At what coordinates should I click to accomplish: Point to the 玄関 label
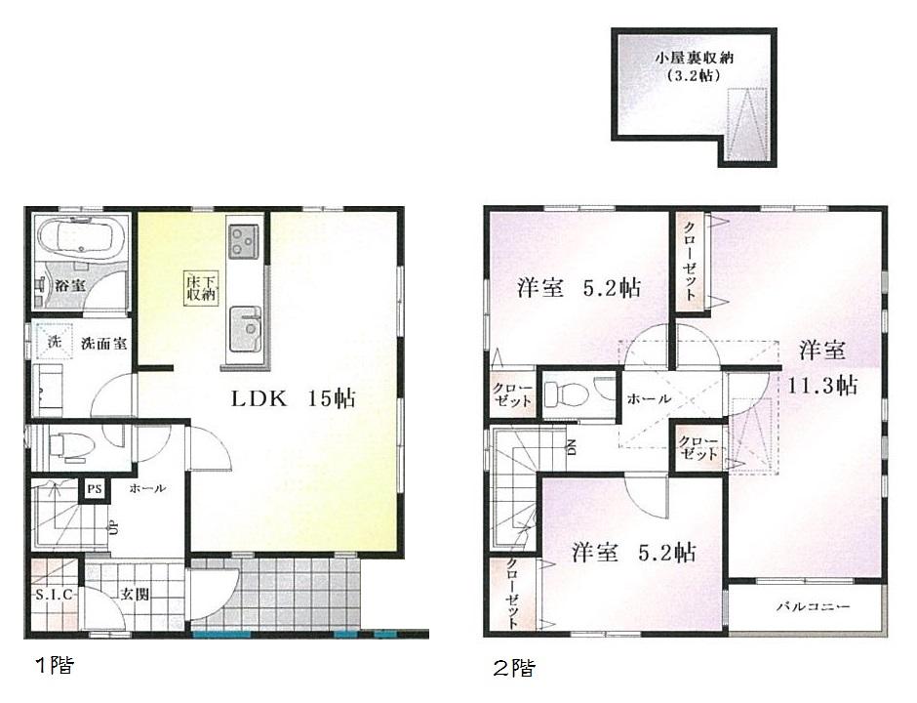tap(134, 594)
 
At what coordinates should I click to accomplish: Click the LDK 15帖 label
tap(292, 398)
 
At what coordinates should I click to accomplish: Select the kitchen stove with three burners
tap(243, 240)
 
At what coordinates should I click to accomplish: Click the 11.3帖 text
tap(822, 385)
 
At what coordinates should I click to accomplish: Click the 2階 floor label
tap(513, 669)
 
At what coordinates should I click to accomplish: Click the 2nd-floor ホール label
tap(648, 398)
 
